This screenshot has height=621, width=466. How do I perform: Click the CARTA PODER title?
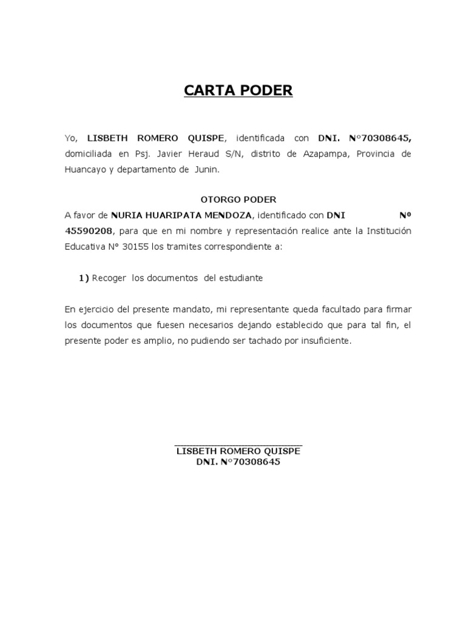(238, 91)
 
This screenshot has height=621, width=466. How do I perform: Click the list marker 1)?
(84, 278)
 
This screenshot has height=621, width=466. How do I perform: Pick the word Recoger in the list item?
(109, 278)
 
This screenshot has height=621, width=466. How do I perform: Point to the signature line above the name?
(238, 445)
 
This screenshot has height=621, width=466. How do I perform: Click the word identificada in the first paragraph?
(260, 138)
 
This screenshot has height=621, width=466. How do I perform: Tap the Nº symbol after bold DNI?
(405, 215)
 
